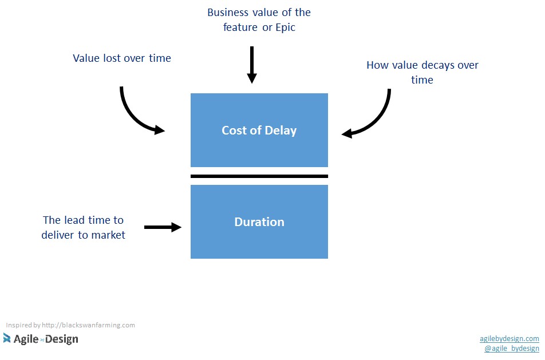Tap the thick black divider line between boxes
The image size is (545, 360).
(259, 176)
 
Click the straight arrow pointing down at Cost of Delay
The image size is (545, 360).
(251, 65)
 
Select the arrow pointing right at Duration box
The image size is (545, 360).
(163, 227)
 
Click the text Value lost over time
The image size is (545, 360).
(122, 58)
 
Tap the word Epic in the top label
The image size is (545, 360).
(285, 27)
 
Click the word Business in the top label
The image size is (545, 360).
(227, 12)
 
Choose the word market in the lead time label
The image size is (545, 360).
(108, 235)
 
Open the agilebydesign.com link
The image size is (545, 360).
(509, 339)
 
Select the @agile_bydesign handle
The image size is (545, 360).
(511, 349)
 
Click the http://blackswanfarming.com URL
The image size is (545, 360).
(88, 325)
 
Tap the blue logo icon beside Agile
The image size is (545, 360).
(7, 338)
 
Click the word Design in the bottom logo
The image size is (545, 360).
(62, 339)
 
